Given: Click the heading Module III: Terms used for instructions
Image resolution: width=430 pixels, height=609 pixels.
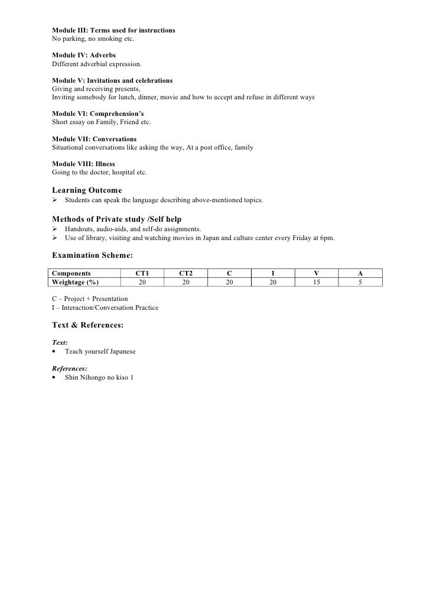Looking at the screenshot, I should (x=113, y=30).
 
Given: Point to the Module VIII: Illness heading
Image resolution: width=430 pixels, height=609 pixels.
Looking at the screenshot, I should (x=83, y=163).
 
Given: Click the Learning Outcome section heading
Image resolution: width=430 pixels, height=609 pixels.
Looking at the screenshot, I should (x=87, y=190).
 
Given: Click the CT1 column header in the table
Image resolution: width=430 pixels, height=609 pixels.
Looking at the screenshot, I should (x=142, y=274).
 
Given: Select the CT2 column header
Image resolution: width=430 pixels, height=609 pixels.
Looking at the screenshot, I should (x=185, y=274).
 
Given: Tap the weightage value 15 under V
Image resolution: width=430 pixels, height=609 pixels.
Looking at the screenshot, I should (x=317, y=282).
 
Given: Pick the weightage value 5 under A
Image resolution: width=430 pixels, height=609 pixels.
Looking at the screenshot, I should (x=360, y=282).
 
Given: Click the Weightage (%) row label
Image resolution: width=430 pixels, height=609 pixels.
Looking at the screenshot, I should (x=75, y=282).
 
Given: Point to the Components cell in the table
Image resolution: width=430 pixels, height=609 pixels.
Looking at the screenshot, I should (x=71, y=274).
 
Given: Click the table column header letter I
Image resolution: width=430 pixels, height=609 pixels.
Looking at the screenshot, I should (x=272, y=274).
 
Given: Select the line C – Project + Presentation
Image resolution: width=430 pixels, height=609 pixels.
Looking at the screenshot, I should (x=90, y=299).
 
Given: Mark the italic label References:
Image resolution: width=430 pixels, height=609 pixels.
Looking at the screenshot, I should (x=70, y=368).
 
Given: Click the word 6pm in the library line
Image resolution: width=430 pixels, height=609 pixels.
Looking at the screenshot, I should (x=327, y=238).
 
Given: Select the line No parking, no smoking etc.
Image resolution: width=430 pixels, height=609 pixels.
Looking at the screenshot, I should (x=93, y=38).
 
